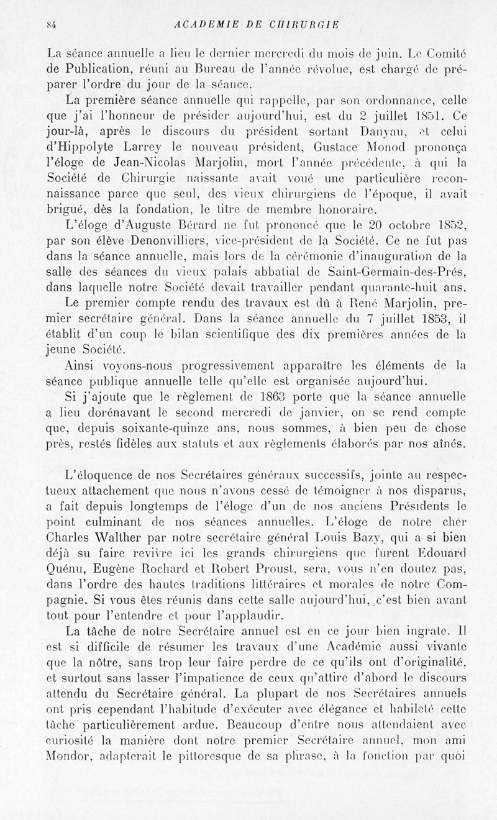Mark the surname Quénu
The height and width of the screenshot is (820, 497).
59,566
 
